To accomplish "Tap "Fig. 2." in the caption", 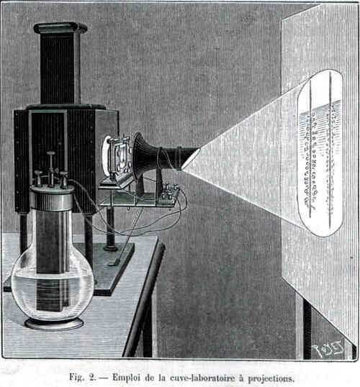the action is point(82,377).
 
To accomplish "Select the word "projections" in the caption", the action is point(271,378).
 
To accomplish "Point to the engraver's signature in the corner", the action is point(328,348).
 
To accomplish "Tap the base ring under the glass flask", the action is point(54,324).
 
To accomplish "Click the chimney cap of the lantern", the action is point(60,27).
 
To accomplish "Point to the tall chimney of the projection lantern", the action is point(60,68).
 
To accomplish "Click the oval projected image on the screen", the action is point(320,153).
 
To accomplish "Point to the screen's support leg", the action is point(307,328).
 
